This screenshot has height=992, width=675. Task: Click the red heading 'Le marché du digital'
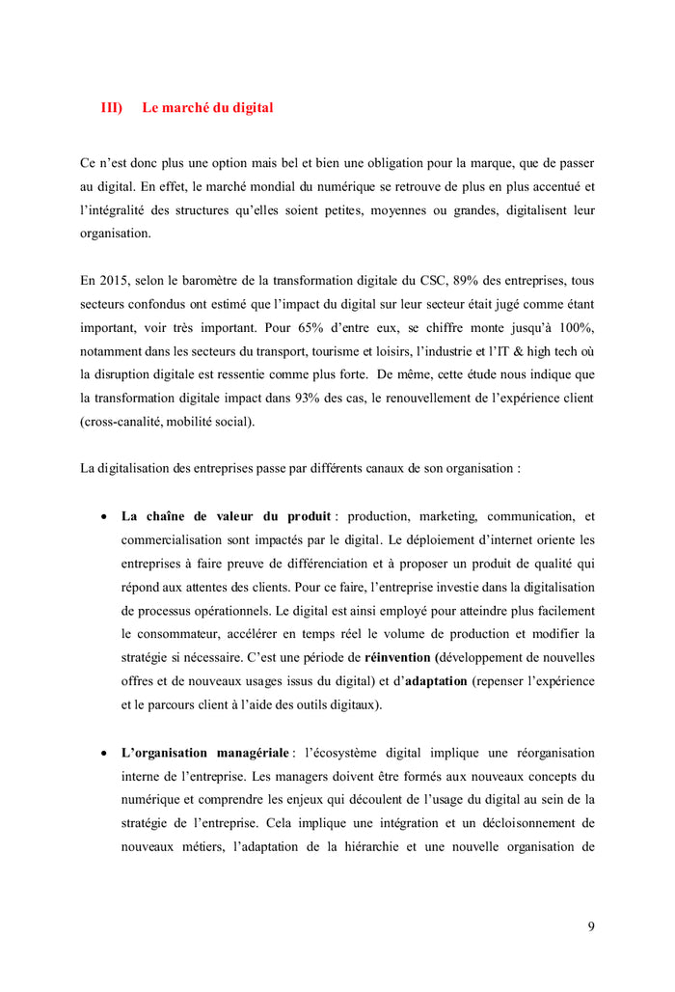click(x=207, y=108)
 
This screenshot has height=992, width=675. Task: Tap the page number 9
click(x=591, y=927)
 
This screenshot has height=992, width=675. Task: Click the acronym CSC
click(x=386, y=281)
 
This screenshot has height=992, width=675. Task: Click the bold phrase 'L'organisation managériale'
click(x=204, y=752)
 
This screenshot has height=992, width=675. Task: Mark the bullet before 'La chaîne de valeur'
click(x=103, y=517)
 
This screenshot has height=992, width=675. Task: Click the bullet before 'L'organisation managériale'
click(x=103, y=753)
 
